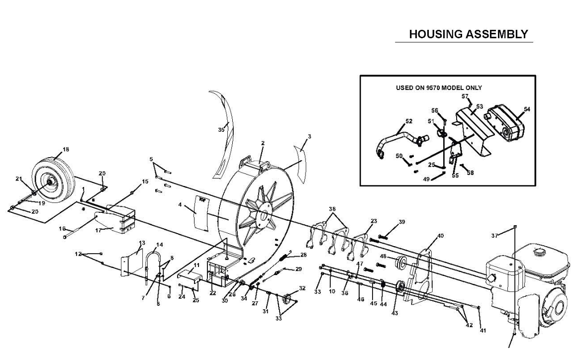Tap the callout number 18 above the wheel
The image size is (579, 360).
[x=66, y=150]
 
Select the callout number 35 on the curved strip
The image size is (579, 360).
[x=221, y=130]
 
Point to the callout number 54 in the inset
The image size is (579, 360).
[x=527, y=109]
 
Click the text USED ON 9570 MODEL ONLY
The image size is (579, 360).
[x=439, y=88]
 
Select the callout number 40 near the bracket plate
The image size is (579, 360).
[x=440, y=236]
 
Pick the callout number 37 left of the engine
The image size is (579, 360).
[x=495, y=236]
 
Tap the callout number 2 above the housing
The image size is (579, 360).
[x=263, y=143]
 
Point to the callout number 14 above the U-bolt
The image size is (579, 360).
[x=160, y=245]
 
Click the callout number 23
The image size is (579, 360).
[x=374, y=221]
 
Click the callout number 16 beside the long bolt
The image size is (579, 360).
[x=62, y=229]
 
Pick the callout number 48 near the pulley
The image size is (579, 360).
[x=384, y=256]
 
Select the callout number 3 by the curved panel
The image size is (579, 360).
[x=309, y=137]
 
